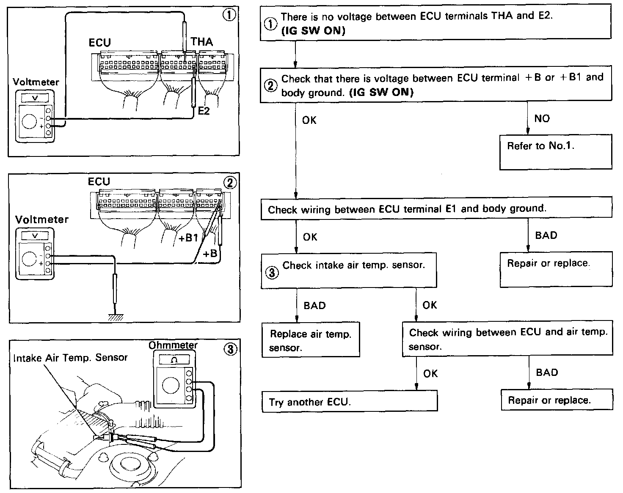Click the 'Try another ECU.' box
point(350,401)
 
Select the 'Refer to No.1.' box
point(555,152)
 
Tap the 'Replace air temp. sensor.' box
point(311,340)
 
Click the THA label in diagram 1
point(201,42)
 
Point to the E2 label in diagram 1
point(204,112)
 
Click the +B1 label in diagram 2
point(188,238)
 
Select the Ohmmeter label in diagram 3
point(173,345)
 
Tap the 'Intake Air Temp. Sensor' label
point(70,358)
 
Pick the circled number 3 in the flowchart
point(272,273)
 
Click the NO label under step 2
point(542,118)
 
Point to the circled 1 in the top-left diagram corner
point(229,15)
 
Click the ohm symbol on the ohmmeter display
point(174,360)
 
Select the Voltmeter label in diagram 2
point(41,219)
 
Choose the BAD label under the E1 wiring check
point(546,236)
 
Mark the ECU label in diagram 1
point(100,43)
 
